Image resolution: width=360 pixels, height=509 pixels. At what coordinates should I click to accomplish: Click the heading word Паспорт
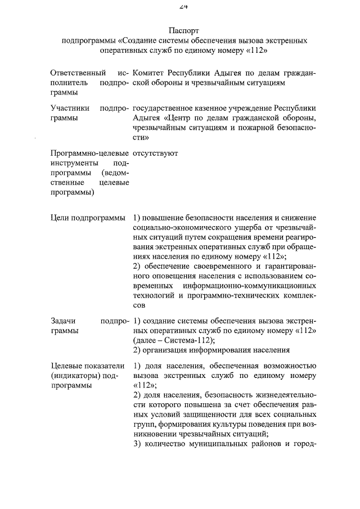[x=184, y=30]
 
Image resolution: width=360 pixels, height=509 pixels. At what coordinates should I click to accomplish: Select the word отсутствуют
[x=156, y=152]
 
